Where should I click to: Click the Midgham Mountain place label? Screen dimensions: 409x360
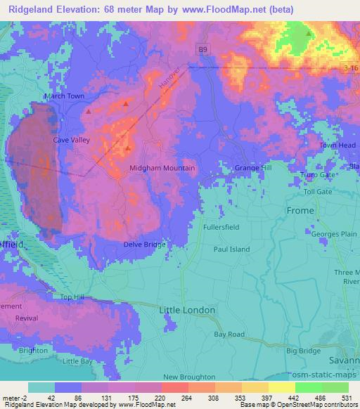coord(162,169)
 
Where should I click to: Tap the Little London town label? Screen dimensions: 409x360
coord(183,310)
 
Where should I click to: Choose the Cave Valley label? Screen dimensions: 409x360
coord(72,141)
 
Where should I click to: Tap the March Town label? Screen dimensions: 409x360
coord(64,96)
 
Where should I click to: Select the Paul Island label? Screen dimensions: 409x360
coord(232,249)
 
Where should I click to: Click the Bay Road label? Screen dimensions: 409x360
coord(230,334)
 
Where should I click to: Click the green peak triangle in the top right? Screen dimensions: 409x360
coord(309,33)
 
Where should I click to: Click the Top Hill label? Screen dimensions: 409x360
coord(72,298)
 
